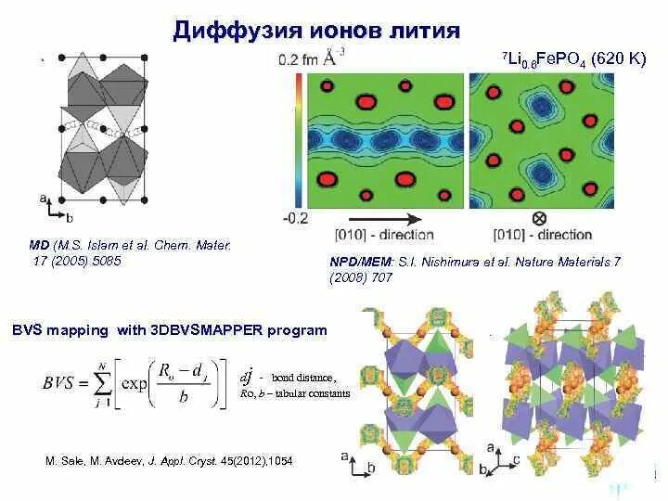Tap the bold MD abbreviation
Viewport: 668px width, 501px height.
tap(39, 245)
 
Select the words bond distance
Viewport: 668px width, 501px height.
tap(302, 378)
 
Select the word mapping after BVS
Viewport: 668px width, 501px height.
tap(77, 329)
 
